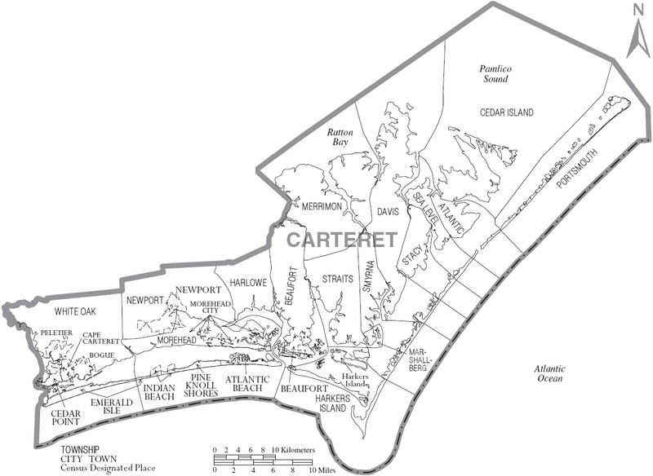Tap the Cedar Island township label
(506, 112)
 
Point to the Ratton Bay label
(338, 136)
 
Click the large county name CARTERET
(341, 240)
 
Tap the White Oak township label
(76, 311)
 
